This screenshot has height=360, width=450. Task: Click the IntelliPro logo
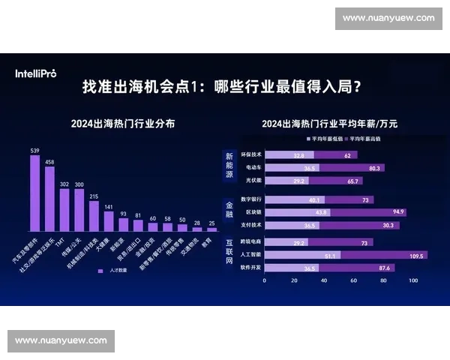35,73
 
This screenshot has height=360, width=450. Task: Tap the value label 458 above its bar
49,161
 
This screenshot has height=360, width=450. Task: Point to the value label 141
108,207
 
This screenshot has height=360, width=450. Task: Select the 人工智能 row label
250,255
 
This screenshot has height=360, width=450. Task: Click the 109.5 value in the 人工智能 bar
416,255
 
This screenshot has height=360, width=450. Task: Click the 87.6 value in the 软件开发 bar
385,268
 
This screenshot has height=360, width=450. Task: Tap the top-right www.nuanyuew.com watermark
388,18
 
